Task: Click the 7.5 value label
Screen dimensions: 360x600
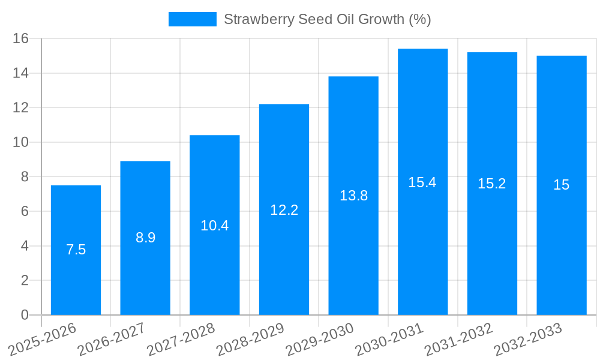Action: tap(76, 250)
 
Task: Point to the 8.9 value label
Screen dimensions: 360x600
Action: tap(145, 238)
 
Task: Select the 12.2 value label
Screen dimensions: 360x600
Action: tap(284, 210)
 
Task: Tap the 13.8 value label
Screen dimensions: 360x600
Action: tap(353, 196)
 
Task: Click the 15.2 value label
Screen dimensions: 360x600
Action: tap(492, 184)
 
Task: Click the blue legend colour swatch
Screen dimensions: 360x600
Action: tap(193, 19)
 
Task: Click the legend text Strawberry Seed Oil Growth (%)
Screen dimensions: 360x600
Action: tap(328, 19)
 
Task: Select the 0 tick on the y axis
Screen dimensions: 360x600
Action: tap(25, 315)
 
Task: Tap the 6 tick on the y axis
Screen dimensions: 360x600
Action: tap(25, 211)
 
